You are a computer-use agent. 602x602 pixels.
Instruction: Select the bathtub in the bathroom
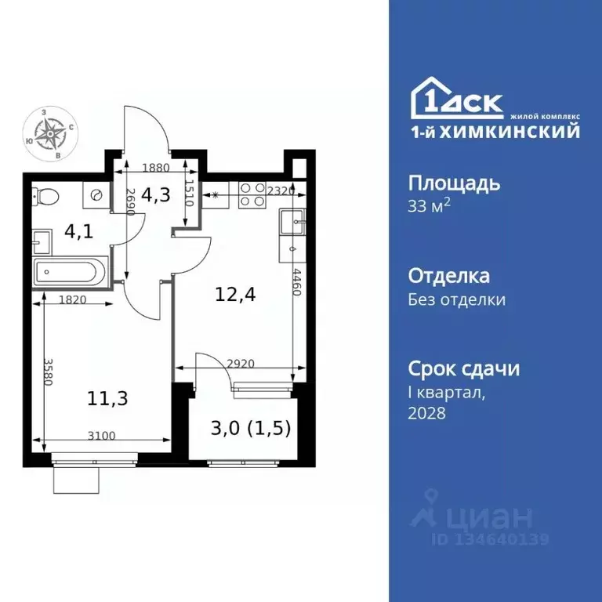click(x=65, y=274)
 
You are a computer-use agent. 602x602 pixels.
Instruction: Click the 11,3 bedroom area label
click(x=108, y=397)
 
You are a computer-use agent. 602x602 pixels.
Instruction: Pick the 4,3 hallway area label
click(x=158, y=197)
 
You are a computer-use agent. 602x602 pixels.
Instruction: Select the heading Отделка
click(x=449, y=276)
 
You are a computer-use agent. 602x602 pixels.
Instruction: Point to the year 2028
click(x=427, y=413)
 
